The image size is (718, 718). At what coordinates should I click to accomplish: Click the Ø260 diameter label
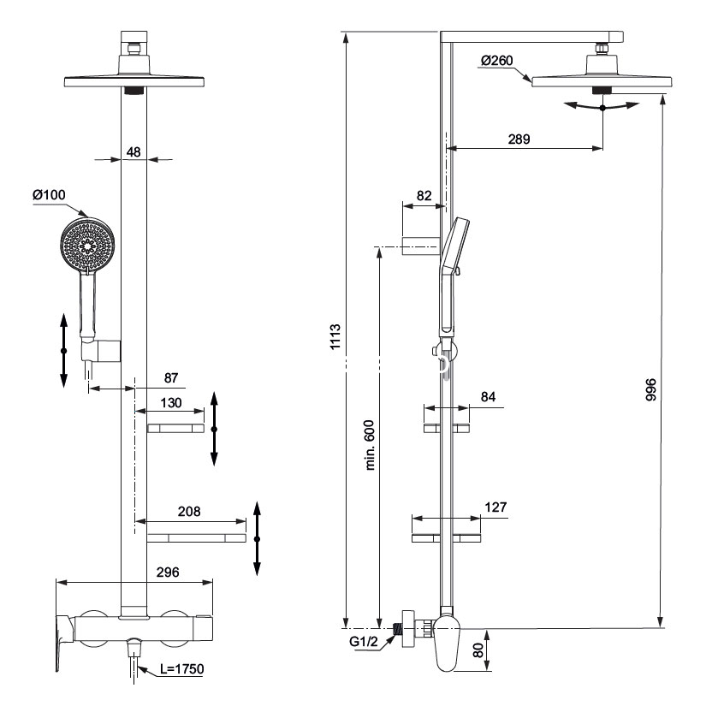(496, 60)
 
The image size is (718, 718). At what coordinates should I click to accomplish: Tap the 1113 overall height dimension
(335, 339)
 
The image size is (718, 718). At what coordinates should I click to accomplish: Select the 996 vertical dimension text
(650, 392)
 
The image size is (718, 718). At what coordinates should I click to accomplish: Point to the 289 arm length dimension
(518, 139)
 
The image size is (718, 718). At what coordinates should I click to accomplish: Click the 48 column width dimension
(134, 151)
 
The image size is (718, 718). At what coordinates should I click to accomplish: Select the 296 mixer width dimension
(168, 573)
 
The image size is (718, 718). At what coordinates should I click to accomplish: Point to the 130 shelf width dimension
(171, 403)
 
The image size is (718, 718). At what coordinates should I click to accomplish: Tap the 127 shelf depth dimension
(495, 507)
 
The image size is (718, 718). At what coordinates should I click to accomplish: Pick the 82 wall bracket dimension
(424, 196)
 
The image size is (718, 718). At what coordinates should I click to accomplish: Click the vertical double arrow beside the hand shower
(63, 351)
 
